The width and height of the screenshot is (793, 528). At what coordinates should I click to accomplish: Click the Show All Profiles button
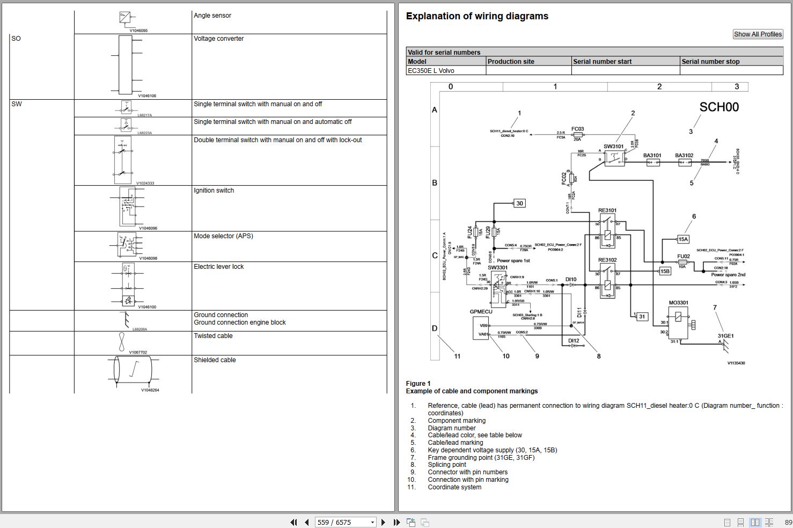point(758,34)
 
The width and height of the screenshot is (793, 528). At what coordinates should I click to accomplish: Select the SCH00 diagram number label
point(718,107)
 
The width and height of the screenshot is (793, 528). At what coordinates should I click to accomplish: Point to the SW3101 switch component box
point(614,158)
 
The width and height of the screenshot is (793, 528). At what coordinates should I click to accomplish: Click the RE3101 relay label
point(607,210)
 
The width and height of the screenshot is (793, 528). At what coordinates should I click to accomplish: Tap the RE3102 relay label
point(607,260)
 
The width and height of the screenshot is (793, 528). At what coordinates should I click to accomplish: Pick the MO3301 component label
point(678,303)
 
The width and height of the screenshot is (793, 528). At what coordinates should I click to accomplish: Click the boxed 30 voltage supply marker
point(519,203)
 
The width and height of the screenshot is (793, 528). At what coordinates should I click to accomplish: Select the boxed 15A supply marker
point(683,239)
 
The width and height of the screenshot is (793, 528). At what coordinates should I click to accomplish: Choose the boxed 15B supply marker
point(665,272)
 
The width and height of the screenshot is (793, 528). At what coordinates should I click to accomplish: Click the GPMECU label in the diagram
point(481,312)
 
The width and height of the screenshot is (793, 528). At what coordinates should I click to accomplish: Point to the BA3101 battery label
point(652,156)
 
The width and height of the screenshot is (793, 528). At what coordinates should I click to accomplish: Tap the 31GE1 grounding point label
point(725,336)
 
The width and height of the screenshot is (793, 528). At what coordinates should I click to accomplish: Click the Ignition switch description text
point(214,190)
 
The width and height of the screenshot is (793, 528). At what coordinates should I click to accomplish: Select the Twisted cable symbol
point(122,342)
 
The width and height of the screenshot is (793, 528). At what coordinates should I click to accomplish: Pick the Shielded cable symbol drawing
point(133,370)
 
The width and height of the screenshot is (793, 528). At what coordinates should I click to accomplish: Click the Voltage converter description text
point(218,39)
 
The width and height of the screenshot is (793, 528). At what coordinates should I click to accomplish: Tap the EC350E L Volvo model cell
point(431,71)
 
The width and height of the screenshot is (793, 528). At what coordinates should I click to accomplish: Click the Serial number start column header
point(602,62)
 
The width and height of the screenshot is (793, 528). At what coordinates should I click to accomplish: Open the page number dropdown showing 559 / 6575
point(346,522)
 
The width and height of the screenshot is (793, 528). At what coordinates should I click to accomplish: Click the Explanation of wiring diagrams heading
point(477,16)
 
